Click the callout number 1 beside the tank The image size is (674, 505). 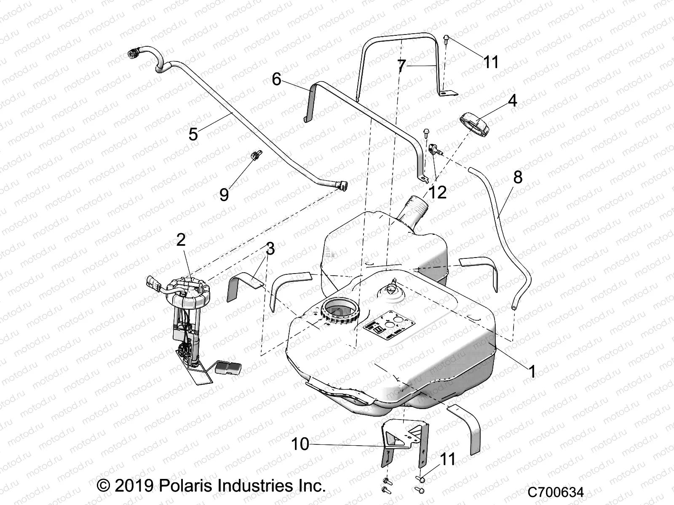point(532,372)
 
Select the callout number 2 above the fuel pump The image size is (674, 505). point(181,240)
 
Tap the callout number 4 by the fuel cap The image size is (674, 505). point(501,101)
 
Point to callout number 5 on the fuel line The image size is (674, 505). point(193,134)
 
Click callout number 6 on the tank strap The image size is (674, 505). point(276,79)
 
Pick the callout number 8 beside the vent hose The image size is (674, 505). point(517,177)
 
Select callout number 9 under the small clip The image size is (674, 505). point(224,194)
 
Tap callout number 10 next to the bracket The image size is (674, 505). point(300,444)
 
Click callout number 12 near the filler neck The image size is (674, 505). point(438,192)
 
